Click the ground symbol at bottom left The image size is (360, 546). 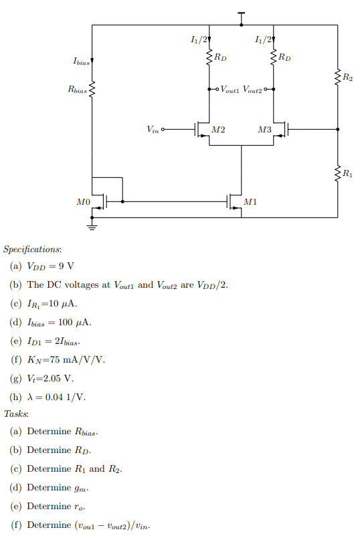[92, 227]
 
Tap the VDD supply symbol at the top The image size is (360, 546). [242, 15]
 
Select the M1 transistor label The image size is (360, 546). [250, 201]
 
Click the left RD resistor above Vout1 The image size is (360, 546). [210, 58]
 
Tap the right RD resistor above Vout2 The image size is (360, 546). [274, 58]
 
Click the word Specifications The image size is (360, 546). [32, 249]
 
